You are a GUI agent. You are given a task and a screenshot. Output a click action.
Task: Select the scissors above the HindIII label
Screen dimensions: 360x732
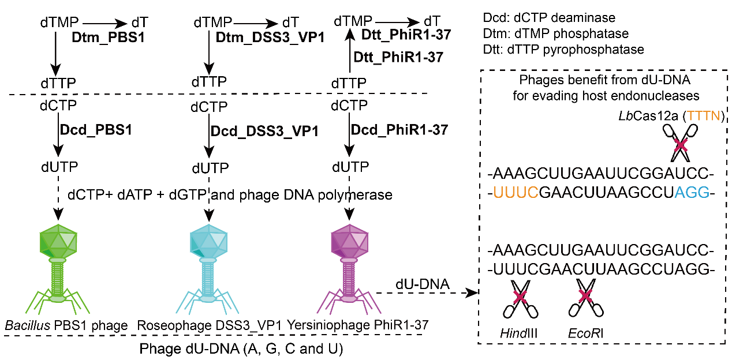(x=520, y=298)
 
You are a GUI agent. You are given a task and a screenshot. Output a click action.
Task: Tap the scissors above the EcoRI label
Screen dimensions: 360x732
(x=587, y=298)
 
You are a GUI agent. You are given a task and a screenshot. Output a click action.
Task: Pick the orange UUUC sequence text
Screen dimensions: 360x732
(x=516, y=192)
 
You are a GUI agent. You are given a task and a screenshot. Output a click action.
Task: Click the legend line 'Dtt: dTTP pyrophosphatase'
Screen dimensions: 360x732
(x=563, y=50)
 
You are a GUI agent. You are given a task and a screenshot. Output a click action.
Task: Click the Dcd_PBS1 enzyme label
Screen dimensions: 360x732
(x=96, y=130)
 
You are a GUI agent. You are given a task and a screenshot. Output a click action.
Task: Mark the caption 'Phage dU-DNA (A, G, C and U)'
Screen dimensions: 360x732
(x=242, y=349)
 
